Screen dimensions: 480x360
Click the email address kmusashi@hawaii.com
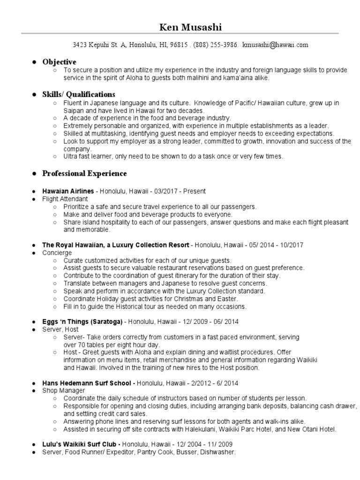tap(276, 45)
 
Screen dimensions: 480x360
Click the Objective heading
tap(59, 62)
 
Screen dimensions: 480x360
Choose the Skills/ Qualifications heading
tap(79, 94)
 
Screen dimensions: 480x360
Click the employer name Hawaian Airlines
tap(68, 191)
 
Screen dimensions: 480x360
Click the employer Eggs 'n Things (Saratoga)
tap(82, 322)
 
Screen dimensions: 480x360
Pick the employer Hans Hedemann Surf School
tap(88, 383)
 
